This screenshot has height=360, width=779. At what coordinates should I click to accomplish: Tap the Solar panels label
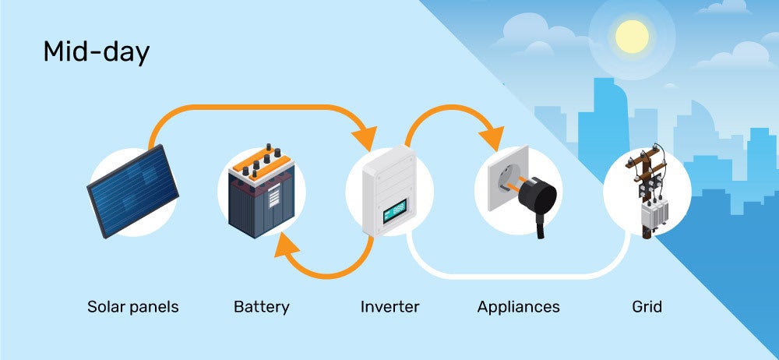132,307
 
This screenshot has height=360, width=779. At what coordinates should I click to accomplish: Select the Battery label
261,307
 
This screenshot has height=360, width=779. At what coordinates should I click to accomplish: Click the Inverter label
389,307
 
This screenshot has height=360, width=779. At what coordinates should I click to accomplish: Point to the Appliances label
518,307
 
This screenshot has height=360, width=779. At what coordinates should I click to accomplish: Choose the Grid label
647,307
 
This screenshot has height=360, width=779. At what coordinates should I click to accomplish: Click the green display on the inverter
394,209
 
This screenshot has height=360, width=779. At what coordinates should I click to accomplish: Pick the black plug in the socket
534,199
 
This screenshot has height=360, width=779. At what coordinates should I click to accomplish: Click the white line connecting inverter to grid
514,275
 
